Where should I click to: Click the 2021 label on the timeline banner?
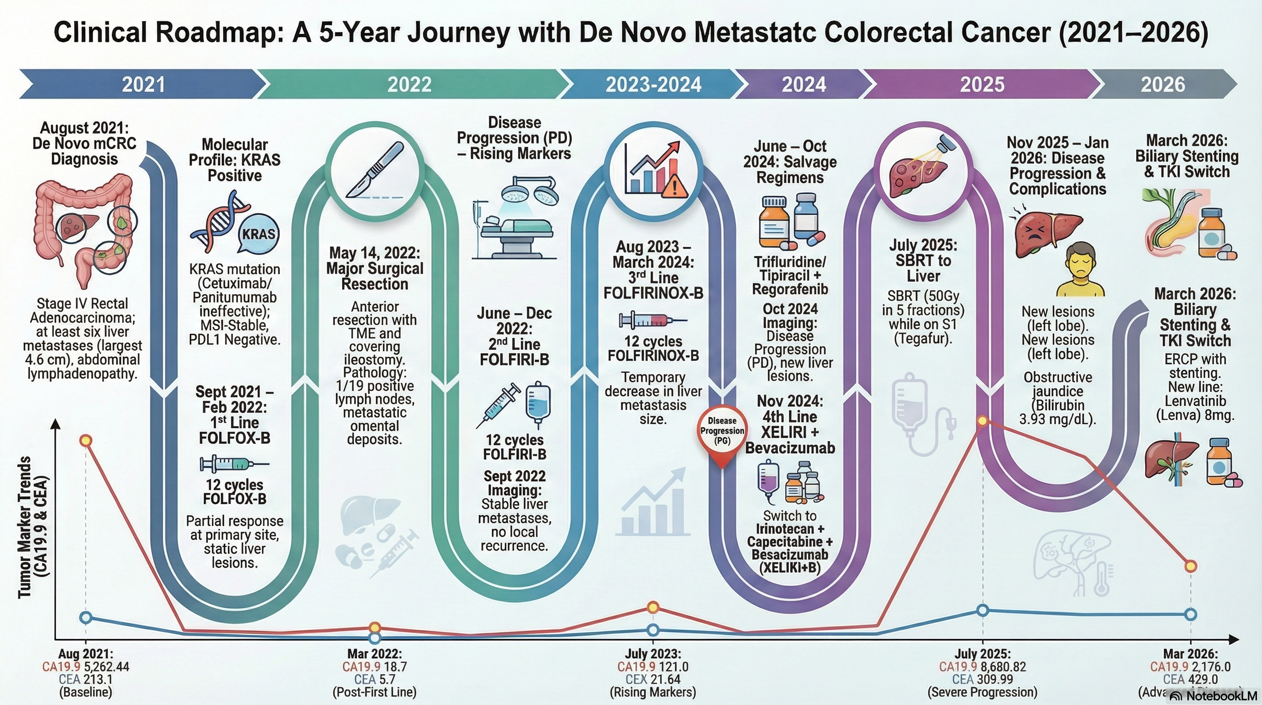point(143,84)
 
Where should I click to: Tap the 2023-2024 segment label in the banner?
point(653,84)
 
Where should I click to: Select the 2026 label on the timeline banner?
point(1162,84)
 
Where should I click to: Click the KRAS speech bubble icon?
point(259,234)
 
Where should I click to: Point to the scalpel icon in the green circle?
point(375,170)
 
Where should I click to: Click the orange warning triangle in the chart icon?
point(675,187)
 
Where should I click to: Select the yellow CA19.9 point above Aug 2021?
point(86,440)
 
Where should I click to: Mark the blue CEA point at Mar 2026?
point(1191,614)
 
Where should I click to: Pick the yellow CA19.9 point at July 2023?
point(653,607)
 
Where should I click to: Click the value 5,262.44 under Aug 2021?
point(106,667)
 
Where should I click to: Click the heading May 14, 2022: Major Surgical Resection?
point(375,268)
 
